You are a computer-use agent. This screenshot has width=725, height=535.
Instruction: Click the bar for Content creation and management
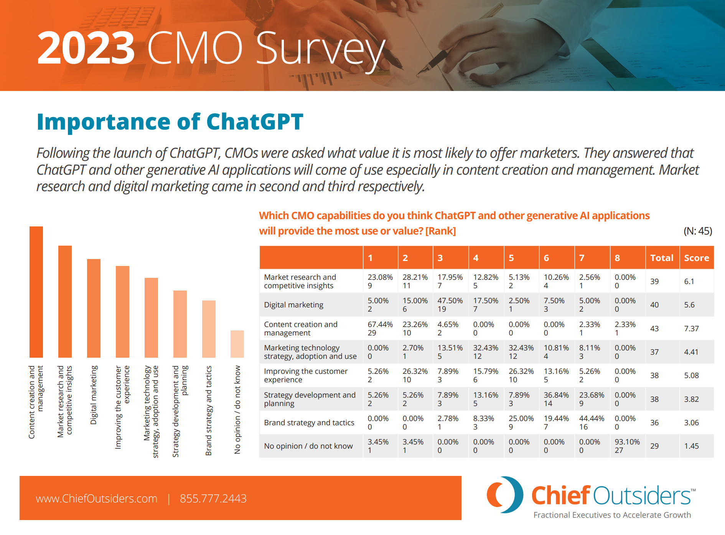pyautogui.click(x=36, y=292)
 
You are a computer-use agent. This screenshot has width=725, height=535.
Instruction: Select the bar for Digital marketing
pyautogui.click(x=94, y=308)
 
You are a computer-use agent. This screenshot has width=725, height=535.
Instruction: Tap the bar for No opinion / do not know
pyautogui.click(x=237, y=344)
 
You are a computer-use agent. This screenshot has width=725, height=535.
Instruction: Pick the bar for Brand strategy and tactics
pyautogui.click(x=209, y=329)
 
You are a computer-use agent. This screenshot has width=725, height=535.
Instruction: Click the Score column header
pyautogui.click(x=696, y=258)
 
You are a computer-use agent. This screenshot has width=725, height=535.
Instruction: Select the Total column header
pyautogui.click(x=662, y=258)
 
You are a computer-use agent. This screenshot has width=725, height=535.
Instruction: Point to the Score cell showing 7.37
pyautogui.click(x=691, y=329)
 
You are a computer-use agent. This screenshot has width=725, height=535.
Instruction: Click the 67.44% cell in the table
pyautogui.click(x=380, y=329)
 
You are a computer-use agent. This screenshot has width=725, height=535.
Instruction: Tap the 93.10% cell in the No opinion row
pyautogui.click(x=627, y=446)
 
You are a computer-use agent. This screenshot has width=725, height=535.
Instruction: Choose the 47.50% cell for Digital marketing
pyautogui.click(x=450, y=305)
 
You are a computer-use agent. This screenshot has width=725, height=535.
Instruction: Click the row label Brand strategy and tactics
pyautogui.click(x=309, y=423)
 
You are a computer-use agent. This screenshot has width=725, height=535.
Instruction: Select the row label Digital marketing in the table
pyautogui.click(x=293, y=305)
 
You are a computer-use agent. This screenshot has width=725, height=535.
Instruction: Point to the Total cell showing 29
pyautogui.click(x=654, y=446)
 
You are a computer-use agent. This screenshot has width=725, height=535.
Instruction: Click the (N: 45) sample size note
pyautogui.click(x=697, y=231)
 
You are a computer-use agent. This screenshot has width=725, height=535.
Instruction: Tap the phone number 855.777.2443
pyautogui.click(x=213, y=499)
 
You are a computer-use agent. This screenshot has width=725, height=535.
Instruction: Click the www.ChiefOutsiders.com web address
pyautogui.click(x=96, y=499)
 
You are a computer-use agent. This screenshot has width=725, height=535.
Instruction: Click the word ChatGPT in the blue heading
pyautogui.click(x=255, y=122)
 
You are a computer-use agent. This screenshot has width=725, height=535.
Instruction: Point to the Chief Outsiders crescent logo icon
pyautogui.click(x=504, y=495)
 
